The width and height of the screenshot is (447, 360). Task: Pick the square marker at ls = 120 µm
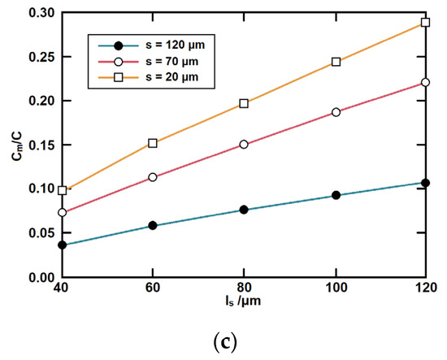(426, 23)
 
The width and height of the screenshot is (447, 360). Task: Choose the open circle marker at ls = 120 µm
(426, 82)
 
